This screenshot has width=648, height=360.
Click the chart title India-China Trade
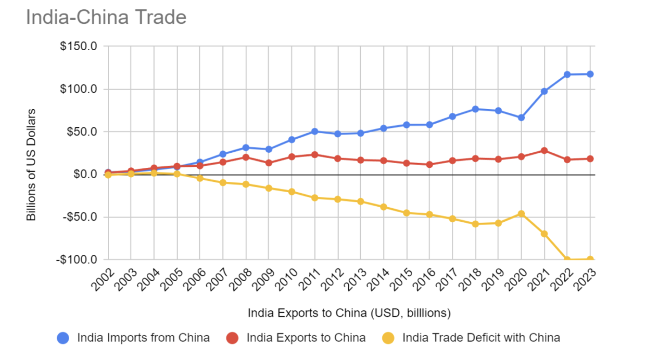coord(106,17)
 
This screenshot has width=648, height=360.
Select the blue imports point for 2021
coord(544,91)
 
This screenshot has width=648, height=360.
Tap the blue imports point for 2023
coord(590,74)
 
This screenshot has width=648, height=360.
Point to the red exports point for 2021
coord(544,151)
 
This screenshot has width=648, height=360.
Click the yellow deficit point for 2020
coord(522,214)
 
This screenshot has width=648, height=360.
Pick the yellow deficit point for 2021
coord(544,234)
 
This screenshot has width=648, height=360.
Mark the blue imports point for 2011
coord(315,131)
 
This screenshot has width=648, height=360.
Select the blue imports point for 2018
coord(476,109)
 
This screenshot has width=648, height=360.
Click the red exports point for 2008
coord(246,157)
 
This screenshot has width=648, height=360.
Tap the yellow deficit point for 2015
coord(407,213)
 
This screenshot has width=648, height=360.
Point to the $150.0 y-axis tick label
coord(78,46)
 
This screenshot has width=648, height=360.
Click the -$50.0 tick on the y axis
coord(78,217)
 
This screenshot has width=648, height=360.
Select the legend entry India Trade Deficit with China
coord(473,338)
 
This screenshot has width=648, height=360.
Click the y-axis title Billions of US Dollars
coord(31,164)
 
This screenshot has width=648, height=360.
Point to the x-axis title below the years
coord(349,313)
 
